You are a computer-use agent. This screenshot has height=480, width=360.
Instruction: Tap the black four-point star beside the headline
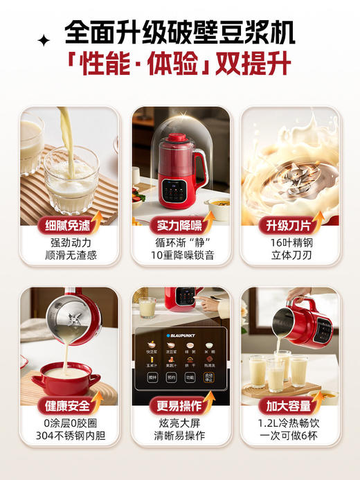(45, 41)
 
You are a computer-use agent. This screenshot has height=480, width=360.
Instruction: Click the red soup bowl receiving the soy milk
(66, 377)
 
